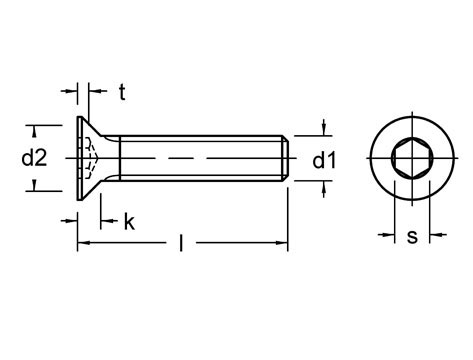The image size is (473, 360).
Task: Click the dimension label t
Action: [121, 93]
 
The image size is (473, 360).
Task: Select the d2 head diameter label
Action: [35, 157]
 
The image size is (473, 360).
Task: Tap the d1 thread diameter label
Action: [323, 159]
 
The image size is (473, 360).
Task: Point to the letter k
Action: [129, 222]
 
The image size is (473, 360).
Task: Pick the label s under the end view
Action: [412, 237]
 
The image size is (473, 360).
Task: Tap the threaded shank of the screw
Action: [200, 158]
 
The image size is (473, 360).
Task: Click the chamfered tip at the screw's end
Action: [286, 158]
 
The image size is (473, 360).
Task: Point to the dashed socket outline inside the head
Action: [90, 158]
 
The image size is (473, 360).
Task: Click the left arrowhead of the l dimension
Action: [83, 243]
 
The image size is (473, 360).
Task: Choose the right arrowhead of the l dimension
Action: [283, 243]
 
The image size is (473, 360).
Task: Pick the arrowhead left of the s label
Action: [390, 237]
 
